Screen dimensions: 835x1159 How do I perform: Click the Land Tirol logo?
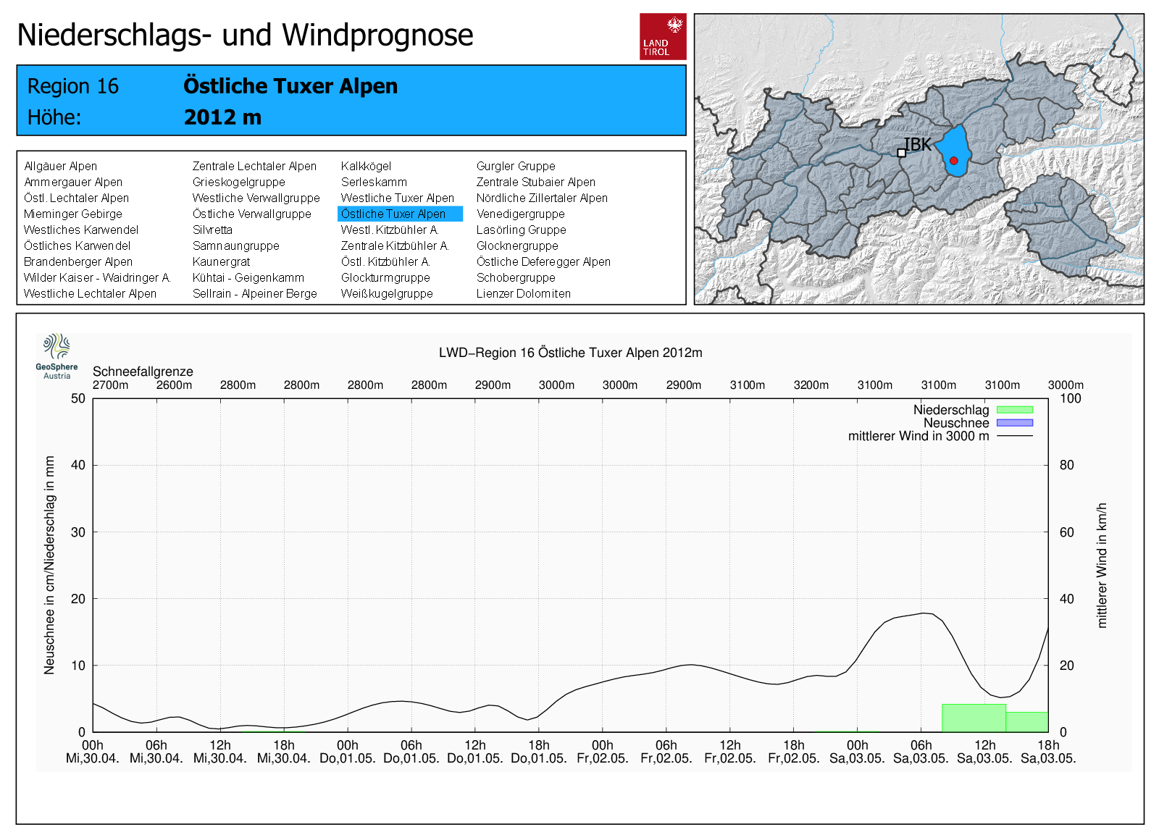pyautogui.click(x=662, y=36)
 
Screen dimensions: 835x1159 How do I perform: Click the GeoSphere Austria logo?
pyautogui.click(x=57, y=356)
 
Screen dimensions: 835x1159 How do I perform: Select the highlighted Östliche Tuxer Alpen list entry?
pyautogui.click(x=399, y=214)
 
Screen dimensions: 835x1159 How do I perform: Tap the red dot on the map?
pyautogui.click(x=954, y=161)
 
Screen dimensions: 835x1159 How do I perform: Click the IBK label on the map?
pyautogui.click(x=917, y=145)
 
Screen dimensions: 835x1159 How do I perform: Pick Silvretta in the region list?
pyautogui.click(x=212, y=230)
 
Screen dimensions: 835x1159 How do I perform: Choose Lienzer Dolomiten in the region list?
pyautogui.click(x=523, y=293)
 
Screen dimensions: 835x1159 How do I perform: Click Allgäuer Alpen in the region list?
pyautogui.click(x=60, y=166)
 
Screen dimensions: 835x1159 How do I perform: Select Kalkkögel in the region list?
pyautogui.click(x=366, y=166)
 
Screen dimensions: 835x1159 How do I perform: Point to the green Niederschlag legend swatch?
pyautogui.click(x=1014, y=410)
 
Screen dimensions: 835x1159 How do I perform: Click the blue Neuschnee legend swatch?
pyautogui.click(x=1014, y=423)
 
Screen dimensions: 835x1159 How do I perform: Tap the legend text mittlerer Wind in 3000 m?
pyautogui.click(x=918, y=436)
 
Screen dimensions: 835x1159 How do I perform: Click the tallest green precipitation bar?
pyautogui.click(x=974, y=718)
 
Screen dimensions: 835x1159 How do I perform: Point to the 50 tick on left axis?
pyautogui.click(x=78, y=398)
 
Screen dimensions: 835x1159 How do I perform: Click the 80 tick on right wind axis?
pyautogui.click(x=1066, y=465)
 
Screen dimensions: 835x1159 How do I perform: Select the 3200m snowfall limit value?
pyautogui.click(x=811, y=385)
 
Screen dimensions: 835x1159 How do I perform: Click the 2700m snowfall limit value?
pyautogui.click(x=110, y=385)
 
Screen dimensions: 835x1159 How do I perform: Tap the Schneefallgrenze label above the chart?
pyautogui.click(x=143, y=372)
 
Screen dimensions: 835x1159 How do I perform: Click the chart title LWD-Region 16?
pyautogui.click(x=570, y=353)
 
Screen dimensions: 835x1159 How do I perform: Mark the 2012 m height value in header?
pyautogui.click(x=222, y=117)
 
